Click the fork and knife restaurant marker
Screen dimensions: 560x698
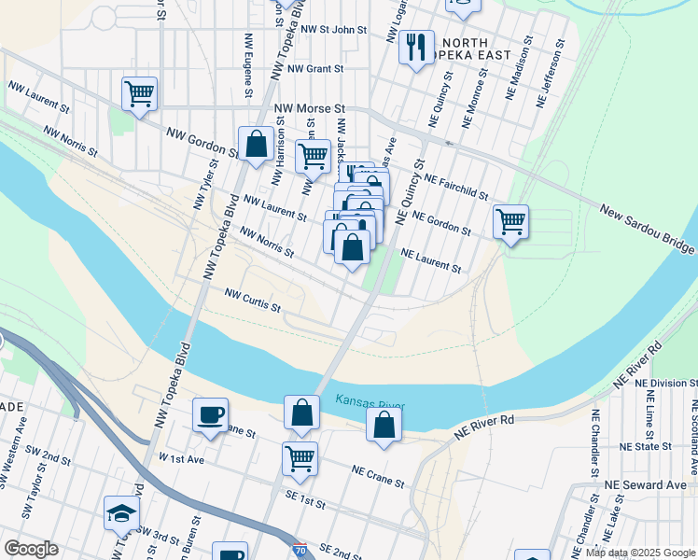click(416, 46)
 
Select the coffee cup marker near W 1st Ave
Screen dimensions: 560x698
click(210, 414)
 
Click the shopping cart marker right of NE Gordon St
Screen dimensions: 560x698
click(510, 222)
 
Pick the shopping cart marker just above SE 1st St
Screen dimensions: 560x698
click(300, 458)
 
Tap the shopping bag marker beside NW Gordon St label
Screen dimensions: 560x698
click(256, 145)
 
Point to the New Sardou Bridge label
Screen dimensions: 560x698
click(647, 230)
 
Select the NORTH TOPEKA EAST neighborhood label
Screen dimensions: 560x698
click(476, 49)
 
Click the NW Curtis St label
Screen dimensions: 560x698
click(252, 300)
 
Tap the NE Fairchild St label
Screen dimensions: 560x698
click(455, 186)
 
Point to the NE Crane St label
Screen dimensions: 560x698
click(378, 477)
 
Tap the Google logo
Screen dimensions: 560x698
click(31, 549)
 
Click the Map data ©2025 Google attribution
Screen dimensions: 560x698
click(640, 553)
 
